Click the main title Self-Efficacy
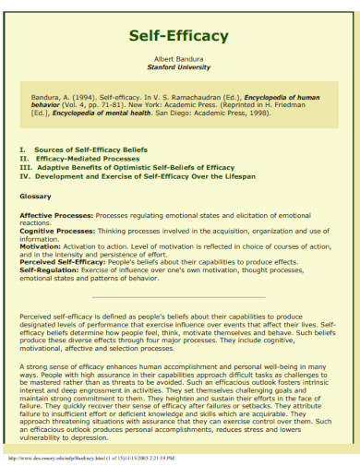(179, 36)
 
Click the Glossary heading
(35, 197)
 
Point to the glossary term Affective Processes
(56, 215)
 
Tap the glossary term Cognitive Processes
(57, 231)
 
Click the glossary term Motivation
(40, 246)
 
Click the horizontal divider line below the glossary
(179, 297)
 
